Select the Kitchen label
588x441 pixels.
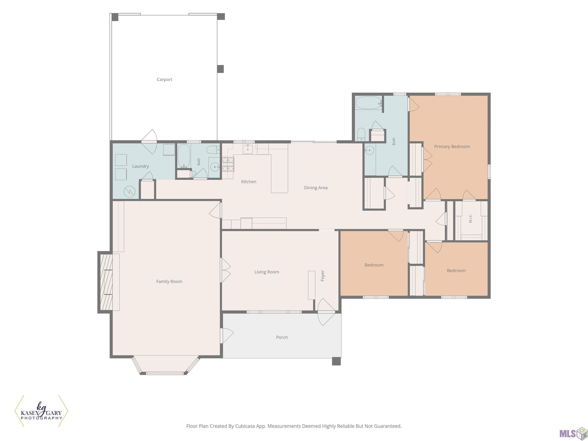click(249, 182)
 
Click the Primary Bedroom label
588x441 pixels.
click(452, 146)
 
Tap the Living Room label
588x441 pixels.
click(267, 272)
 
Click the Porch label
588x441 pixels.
click(282, 337)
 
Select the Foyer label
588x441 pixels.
click(323, 276)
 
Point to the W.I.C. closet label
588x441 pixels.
click(470, 219)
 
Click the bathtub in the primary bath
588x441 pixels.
click(368, 103)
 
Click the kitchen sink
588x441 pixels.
click(248, 149)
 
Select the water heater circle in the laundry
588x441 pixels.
click(129, 191)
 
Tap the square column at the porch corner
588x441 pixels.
click(336, 361)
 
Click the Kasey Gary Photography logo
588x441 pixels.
click(41, 411)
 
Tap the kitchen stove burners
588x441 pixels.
click(228, 164)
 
